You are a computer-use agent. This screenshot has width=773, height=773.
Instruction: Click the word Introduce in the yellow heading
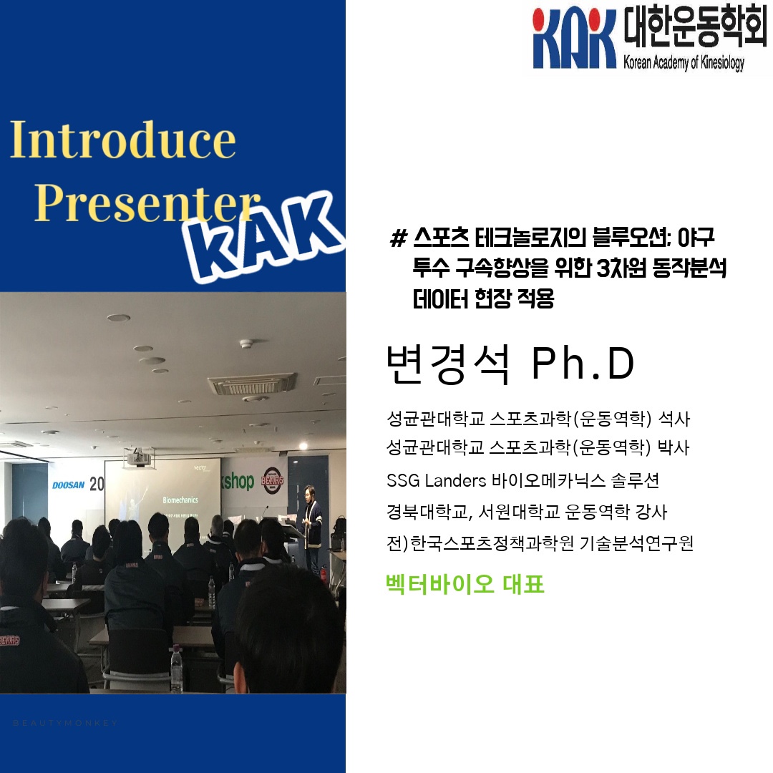(x=123, y=140)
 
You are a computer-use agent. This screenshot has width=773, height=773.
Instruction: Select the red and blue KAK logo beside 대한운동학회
(x=574, y=39)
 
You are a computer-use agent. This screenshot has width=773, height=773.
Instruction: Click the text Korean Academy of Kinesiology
(x=684, y=63)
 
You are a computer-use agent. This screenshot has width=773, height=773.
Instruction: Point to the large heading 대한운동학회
(x=694, y=27)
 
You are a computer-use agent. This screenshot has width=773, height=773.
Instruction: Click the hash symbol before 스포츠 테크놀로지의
(x=398, y=238)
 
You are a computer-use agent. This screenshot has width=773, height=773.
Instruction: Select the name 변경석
(x=447, y=364)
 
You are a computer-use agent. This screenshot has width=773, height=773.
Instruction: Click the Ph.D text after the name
(x=583, y=364)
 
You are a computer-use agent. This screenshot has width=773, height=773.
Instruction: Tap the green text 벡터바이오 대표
(x=465, y=584)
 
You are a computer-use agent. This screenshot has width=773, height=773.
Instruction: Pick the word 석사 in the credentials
(x=674, y=419)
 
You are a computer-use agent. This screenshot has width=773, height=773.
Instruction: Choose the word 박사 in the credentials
(x=674, y=447)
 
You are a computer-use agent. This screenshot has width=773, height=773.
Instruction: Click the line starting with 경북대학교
(x=527, y=512)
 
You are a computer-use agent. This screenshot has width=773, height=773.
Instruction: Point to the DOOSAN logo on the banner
(x=69, y=485)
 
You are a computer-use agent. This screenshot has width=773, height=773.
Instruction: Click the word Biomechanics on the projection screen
(x=180, y=500)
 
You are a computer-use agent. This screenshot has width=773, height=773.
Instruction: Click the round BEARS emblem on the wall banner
(x=273, y=480)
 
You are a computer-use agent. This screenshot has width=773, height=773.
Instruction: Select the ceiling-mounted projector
(x=139, y=458)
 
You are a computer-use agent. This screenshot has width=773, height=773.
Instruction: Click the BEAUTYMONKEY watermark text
(x=65, y=723)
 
